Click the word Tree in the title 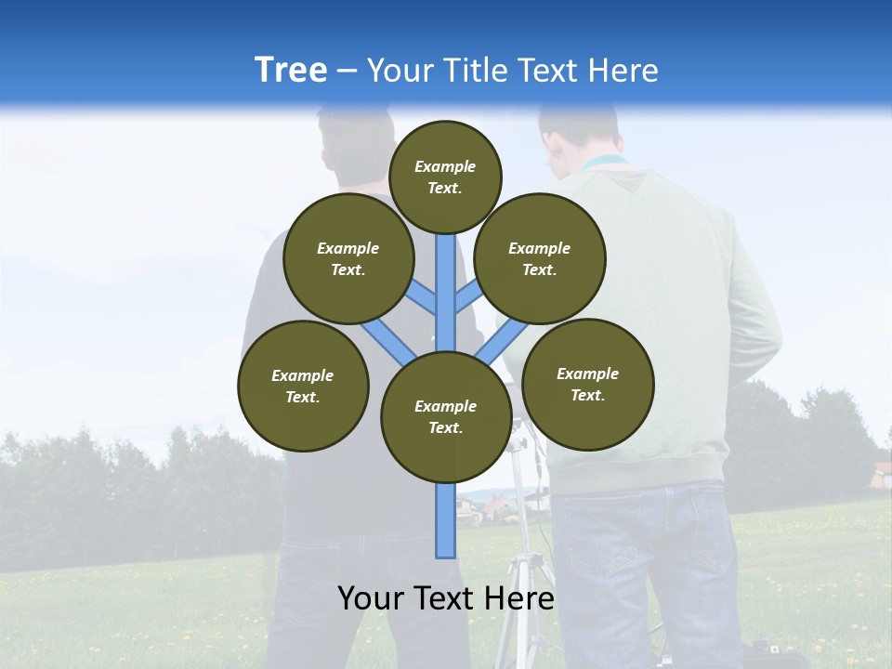(291, 71)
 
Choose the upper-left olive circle (348, 258)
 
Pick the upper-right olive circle (540, 258)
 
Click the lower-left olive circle (303, 386)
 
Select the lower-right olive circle (587, 384)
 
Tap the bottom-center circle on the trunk (446, 416)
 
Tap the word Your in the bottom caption (371, 598)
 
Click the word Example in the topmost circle (445, 167)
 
